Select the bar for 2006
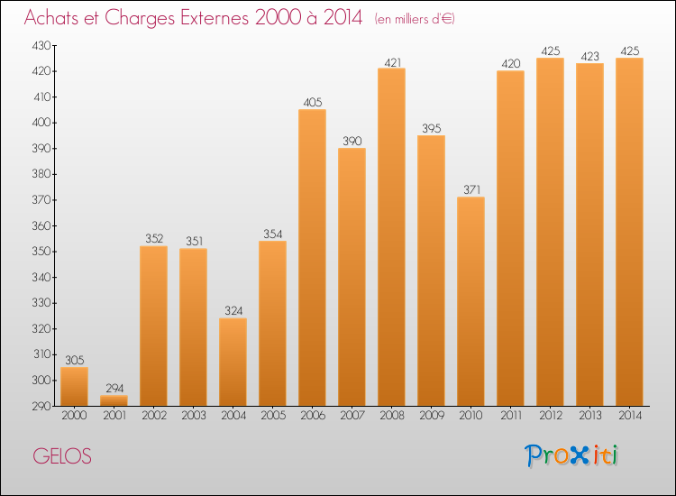(312, 258)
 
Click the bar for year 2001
(114, 400)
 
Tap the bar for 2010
(470, 301)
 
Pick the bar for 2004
(233, 362)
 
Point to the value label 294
(114, 388)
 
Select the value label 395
(431, 128)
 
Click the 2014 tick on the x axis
(629, 415)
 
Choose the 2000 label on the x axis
(74, 415)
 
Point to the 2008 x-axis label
(391, 415)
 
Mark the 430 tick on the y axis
(42, 45)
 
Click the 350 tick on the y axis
(42, 252)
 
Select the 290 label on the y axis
(42, 407)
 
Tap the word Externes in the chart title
(203, 18)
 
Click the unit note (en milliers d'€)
(415, 19)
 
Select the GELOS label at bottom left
(62, 456)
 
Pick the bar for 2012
(550, 232)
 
